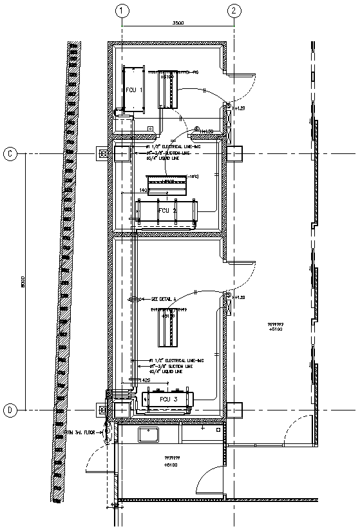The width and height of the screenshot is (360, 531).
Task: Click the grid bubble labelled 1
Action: [122, 10]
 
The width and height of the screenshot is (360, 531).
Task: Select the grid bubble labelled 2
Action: [234, 10]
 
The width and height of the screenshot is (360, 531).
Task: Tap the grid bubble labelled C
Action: [10, 153]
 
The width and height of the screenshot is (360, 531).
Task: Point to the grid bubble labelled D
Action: [10, 410]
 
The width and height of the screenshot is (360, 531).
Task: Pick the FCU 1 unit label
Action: [133, 90]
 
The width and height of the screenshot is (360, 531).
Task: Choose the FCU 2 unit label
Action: [167, 211]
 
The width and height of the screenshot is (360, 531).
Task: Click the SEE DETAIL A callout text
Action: [166, 300]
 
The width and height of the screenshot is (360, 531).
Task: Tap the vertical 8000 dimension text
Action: [23, 282]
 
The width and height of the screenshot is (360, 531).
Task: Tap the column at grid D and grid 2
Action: [234, 410]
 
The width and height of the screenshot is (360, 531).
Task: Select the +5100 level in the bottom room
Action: [170, 465]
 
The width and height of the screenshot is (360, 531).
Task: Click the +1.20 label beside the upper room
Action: [240, 109]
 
